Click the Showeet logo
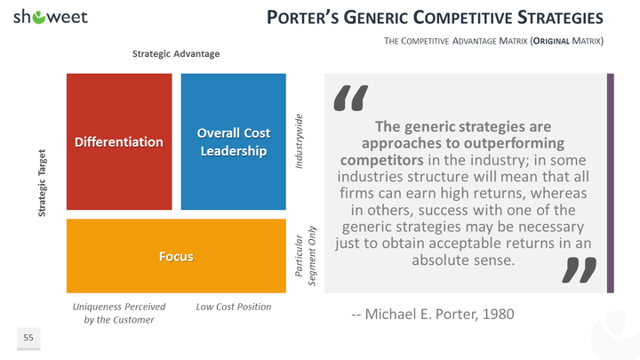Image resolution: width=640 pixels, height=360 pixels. coord(51,17)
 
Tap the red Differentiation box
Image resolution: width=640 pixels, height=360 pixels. coord(119,141)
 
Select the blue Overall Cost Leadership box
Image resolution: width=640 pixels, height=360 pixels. coord(234,141)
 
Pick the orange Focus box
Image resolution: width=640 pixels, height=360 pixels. coord(176,256)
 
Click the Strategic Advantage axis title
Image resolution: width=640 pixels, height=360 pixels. coord(176,54)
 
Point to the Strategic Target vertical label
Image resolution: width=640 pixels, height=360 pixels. coord(42,183)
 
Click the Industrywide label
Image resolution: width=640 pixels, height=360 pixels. coord(300,141)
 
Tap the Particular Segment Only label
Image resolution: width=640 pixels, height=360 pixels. coord(305,256)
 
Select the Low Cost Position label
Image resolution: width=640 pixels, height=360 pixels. coord(234,307)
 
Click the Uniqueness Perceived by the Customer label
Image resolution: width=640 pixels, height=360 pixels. coord(119,313)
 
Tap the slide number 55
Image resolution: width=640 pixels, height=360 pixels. coord(28,338)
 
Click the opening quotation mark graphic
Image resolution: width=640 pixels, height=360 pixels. coord(350,98)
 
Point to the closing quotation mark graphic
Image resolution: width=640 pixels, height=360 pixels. coord(580,270)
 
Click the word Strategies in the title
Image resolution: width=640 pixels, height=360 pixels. coord(560,18)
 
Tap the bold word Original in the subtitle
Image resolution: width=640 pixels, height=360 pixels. coord(551,41)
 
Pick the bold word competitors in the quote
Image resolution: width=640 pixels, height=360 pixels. coord(382,160)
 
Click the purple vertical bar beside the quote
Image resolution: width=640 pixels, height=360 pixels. coord(610,183)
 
